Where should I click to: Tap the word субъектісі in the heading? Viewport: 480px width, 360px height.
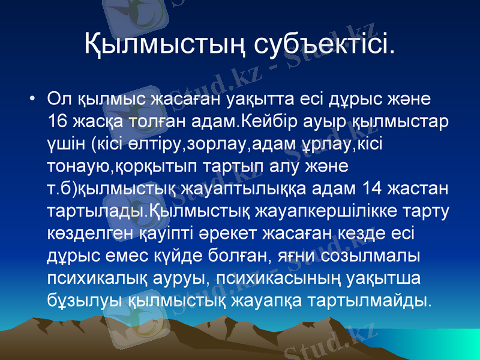pos(325,43)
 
